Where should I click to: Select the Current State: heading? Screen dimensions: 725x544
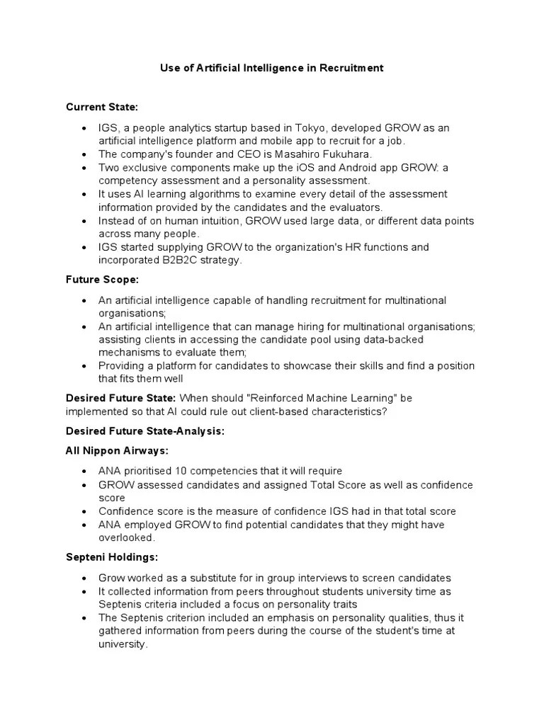coord(102,107)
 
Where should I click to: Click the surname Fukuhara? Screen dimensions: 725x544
coord(342,154)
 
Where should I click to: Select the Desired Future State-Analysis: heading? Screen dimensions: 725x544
coord(145,431)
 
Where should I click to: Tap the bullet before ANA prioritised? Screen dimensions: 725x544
coord(85,472)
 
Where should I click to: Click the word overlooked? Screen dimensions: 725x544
coord(127,538)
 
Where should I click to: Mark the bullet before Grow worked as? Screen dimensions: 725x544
coord(85,578)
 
